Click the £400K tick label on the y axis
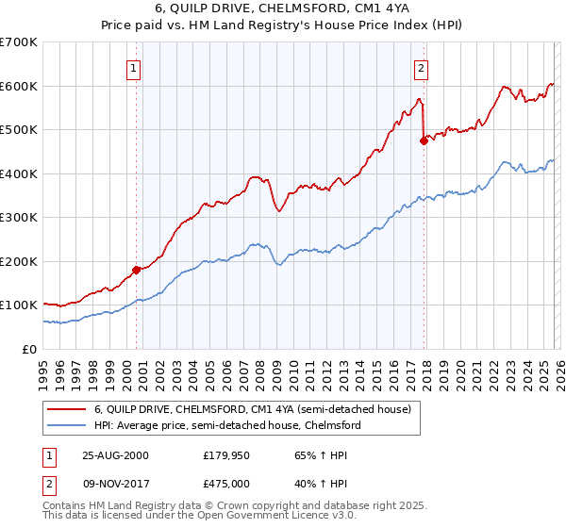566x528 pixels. (x=18, y=173)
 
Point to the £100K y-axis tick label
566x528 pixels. (x=18, y=305)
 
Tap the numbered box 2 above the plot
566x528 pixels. (x=420, y=68)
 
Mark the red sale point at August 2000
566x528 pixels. (x=136, y=270)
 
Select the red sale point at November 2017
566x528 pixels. (x=424, y=140)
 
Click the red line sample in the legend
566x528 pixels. (x=66, y=410)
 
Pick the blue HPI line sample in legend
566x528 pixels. (x=66, y=426)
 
